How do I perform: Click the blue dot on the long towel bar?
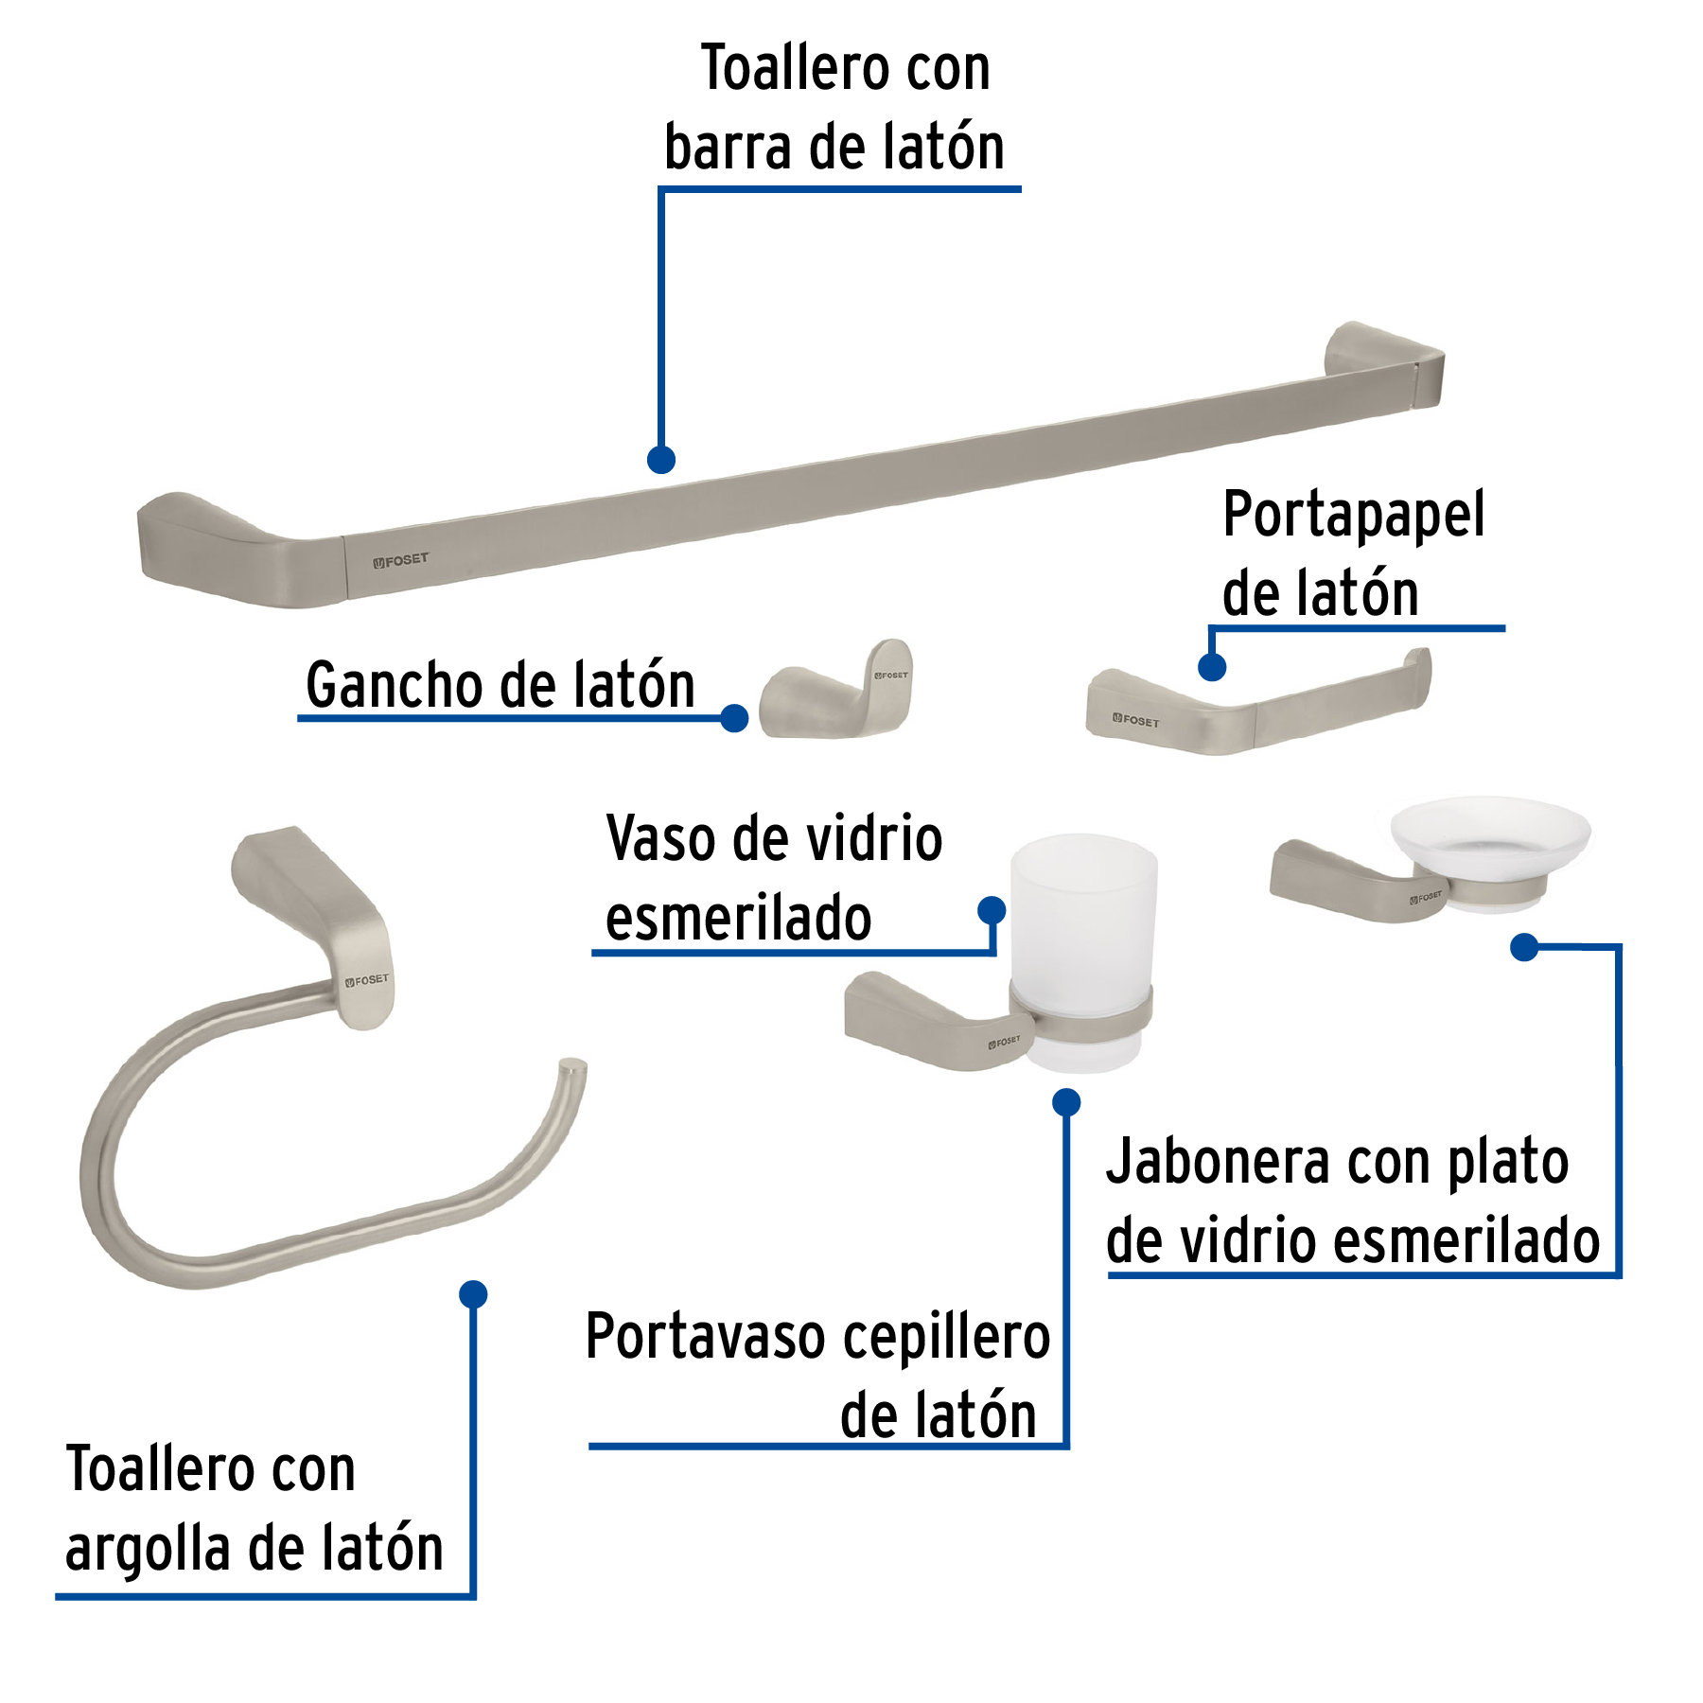point(661,460)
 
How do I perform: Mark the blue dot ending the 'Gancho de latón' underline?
point(734,718)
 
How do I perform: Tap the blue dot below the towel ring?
point(473,1294)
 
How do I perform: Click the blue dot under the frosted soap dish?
point(1524,946)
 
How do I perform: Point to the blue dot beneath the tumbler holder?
point(1066,1102)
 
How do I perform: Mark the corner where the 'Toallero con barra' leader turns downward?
point(661,190)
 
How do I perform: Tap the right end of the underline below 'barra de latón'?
point(1021,189)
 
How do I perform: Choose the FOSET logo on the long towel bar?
point(400,560)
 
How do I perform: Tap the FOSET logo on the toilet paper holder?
point(1135,720)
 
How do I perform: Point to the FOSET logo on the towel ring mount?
point(367,980)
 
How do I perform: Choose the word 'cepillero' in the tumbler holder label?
point(946,1338)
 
